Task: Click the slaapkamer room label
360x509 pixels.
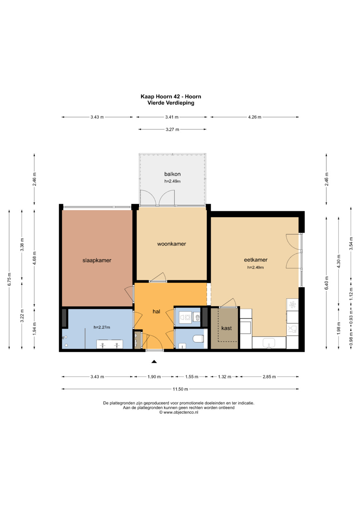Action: pos(97,260)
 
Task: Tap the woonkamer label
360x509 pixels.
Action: pos(172,244)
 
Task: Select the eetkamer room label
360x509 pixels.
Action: pos(256,260)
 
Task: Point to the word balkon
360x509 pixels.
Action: pos(173,174)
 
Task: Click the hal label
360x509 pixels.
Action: pos(156,311)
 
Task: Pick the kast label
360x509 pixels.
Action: pos(227,328)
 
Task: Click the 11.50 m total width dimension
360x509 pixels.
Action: pos(180,389)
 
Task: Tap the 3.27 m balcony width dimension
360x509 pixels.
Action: pos(172,130)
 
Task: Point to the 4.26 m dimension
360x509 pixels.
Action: pos(255,117)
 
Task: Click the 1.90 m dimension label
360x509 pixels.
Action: pos(154,377)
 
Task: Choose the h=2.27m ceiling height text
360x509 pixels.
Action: pos(102,327)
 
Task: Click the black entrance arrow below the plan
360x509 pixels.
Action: pos(154,362)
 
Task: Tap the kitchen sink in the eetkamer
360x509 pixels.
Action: pos(269,343)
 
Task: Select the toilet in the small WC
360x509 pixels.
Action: pos(198,339)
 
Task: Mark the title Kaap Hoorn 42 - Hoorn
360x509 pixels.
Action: pos(171,97)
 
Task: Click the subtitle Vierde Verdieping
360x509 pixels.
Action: pos(171,103)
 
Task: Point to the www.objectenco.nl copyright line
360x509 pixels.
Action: pos(179,412)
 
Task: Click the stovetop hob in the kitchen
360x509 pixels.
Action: pos(292,304)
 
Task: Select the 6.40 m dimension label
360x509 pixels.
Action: pos(327,283)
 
